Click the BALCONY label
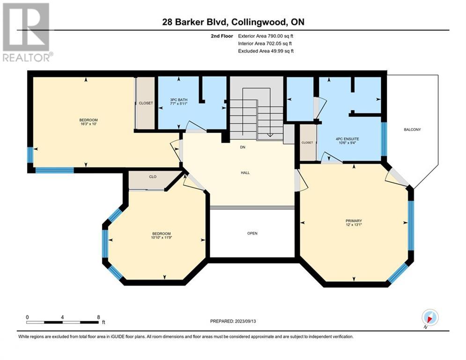[412, 129]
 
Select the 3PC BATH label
[178, 100]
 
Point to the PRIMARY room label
[354, 221]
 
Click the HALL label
[245, 172]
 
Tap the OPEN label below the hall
[252, 233]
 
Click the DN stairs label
[243, 147]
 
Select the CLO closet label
[152, 177]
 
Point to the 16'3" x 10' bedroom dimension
[88, 125]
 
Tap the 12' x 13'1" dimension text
[354, 225]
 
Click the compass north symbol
[429, 318]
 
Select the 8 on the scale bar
[98, 317]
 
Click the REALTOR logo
[27, 32]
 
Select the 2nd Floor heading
[223, 36]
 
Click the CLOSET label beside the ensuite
[307, 142]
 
